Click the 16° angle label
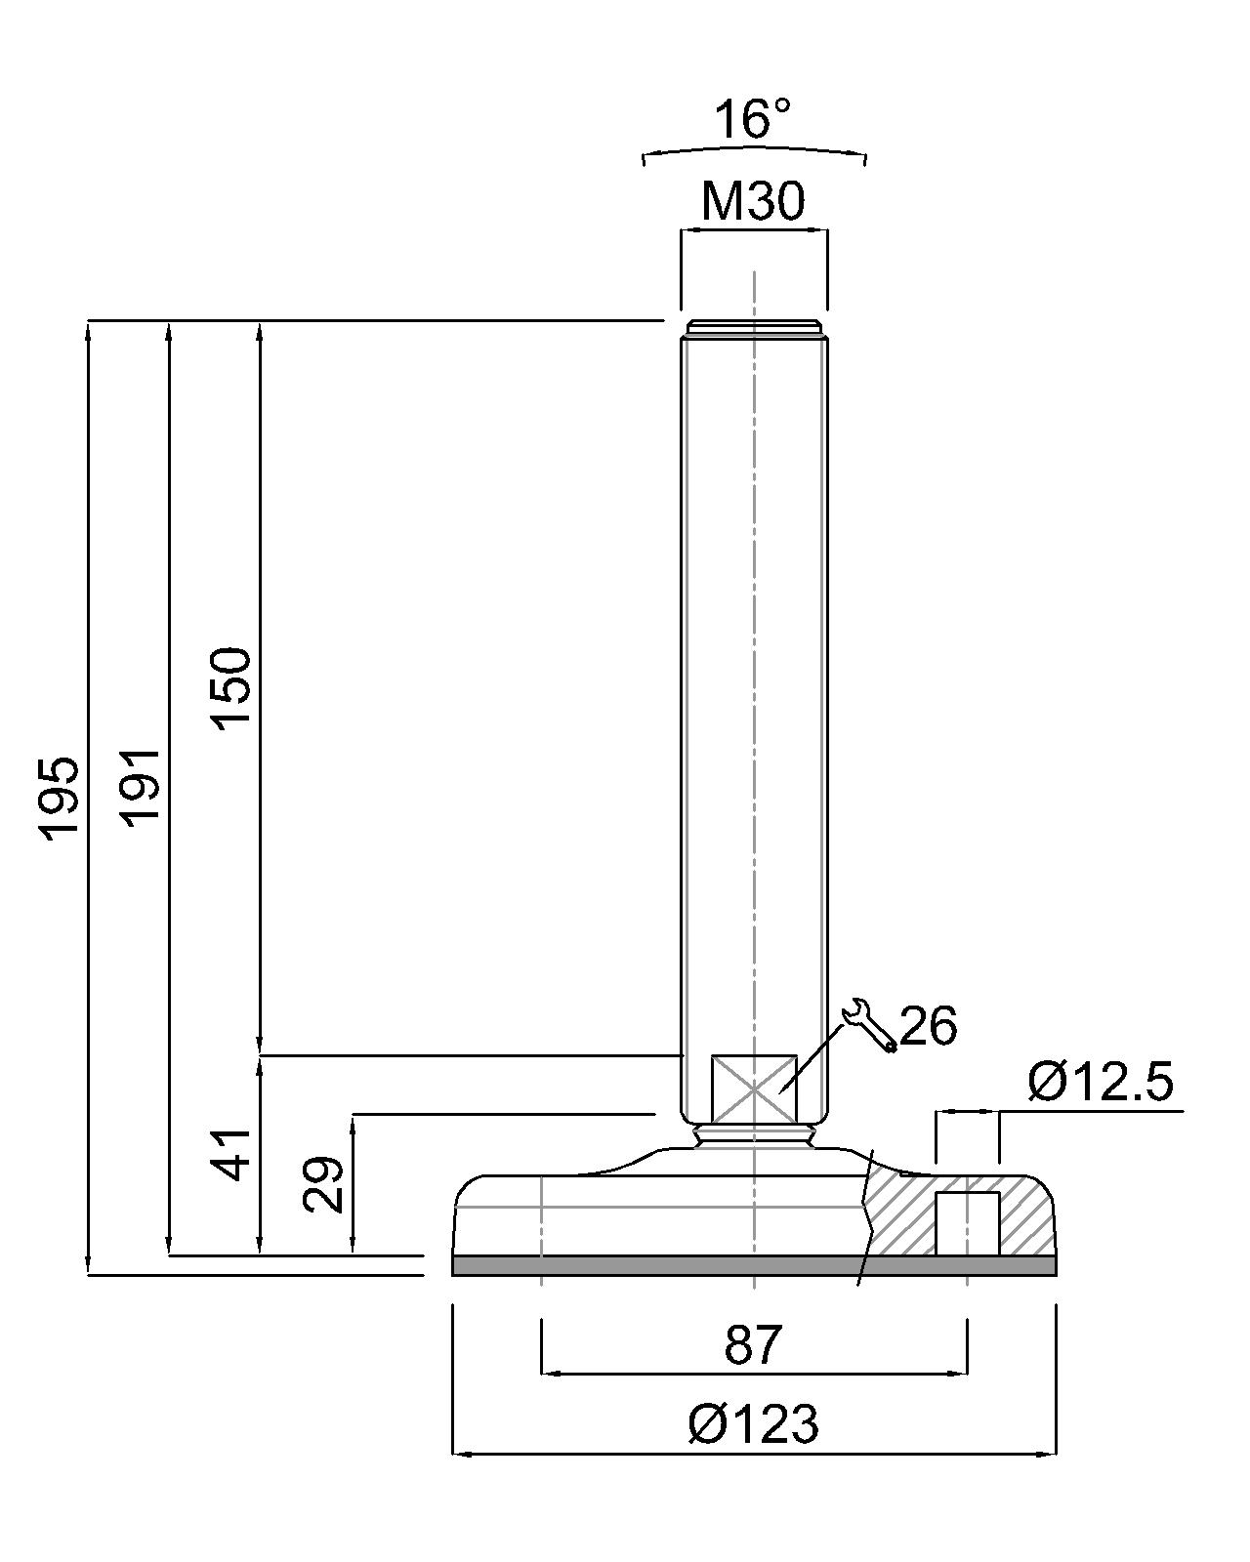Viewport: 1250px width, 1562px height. point(753,119)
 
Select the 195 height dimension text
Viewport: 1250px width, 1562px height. point(59,800)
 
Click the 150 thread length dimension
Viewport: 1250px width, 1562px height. point(231,688)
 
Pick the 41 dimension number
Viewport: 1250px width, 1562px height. point(231,1155)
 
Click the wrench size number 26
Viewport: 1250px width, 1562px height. point(929,1026)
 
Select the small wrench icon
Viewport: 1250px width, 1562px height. point(869,1025)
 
